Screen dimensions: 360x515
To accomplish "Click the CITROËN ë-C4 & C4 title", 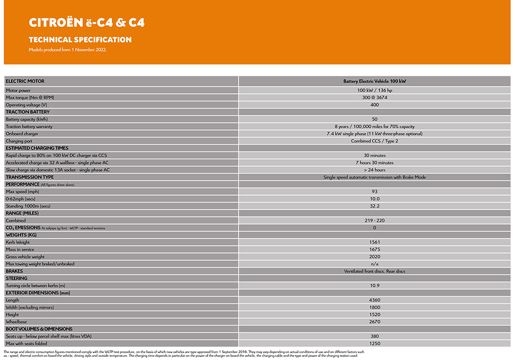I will tap(87, 23).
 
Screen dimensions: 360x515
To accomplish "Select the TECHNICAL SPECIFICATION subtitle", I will tap(80, 40).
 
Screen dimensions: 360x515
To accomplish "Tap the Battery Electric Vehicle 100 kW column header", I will tap(374, 81).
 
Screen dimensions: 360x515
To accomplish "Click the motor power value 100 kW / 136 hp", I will tap(374, 90).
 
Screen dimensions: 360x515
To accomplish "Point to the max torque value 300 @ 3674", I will tap(374, 97).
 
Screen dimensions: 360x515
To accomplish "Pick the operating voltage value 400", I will tap(374, 105).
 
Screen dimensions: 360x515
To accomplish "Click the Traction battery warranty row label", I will tap(29, 126).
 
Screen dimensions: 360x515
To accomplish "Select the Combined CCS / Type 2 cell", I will tap(374, 141).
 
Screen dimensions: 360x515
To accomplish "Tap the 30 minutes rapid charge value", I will tap(374, 155).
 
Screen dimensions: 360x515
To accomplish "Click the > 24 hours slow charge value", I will tap(374, 169).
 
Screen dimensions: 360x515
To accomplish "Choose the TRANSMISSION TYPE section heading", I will tap(30, 177).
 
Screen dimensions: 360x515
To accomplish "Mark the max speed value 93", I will tap(374, 192).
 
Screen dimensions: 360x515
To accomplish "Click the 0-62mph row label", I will tap(20, 199).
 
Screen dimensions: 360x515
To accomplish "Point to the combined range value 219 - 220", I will tap(374, 220).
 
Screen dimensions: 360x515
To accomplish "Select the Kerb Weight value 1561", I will tap(374, 242).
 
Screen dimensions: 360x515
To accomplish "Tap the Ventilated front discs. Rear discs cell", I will tap(374, 271).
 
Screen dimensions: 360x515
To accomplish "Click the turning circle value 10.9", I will tap(374, 285).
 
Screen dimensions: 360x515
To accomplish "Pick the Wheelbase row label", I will tap(16, 321).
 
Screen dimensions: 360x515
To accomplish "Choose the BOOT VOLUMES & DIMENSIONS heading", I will tap(39, 329).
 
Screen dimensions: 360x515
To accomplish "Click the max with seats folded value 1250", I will tap(374, 343).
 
